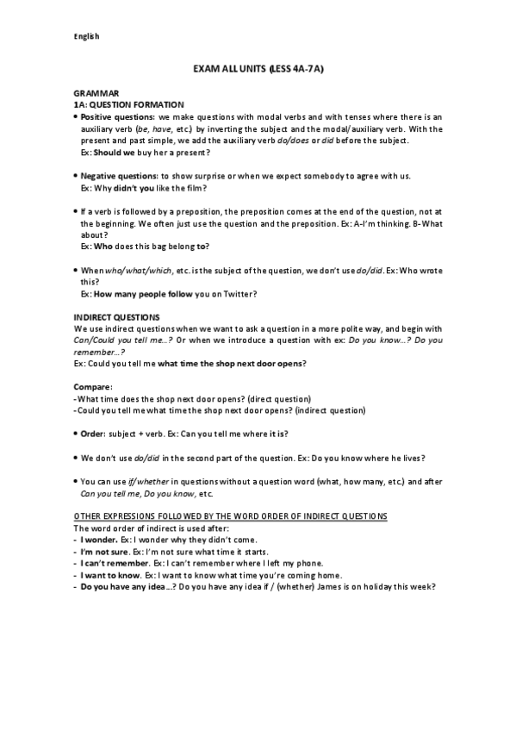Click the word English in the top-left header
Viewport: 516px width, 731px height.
click(x=86, y=36)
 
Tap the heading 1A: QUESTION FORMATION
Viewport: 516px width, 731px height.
click(x=127, y=103)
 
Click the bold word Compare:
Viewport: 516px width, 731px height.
click(x=92, y=387)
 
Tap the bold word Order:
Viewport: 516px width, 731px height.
click(x=95, y=433)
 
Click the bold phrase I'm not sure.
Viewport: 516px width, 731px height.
click(x=105, y=551)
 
